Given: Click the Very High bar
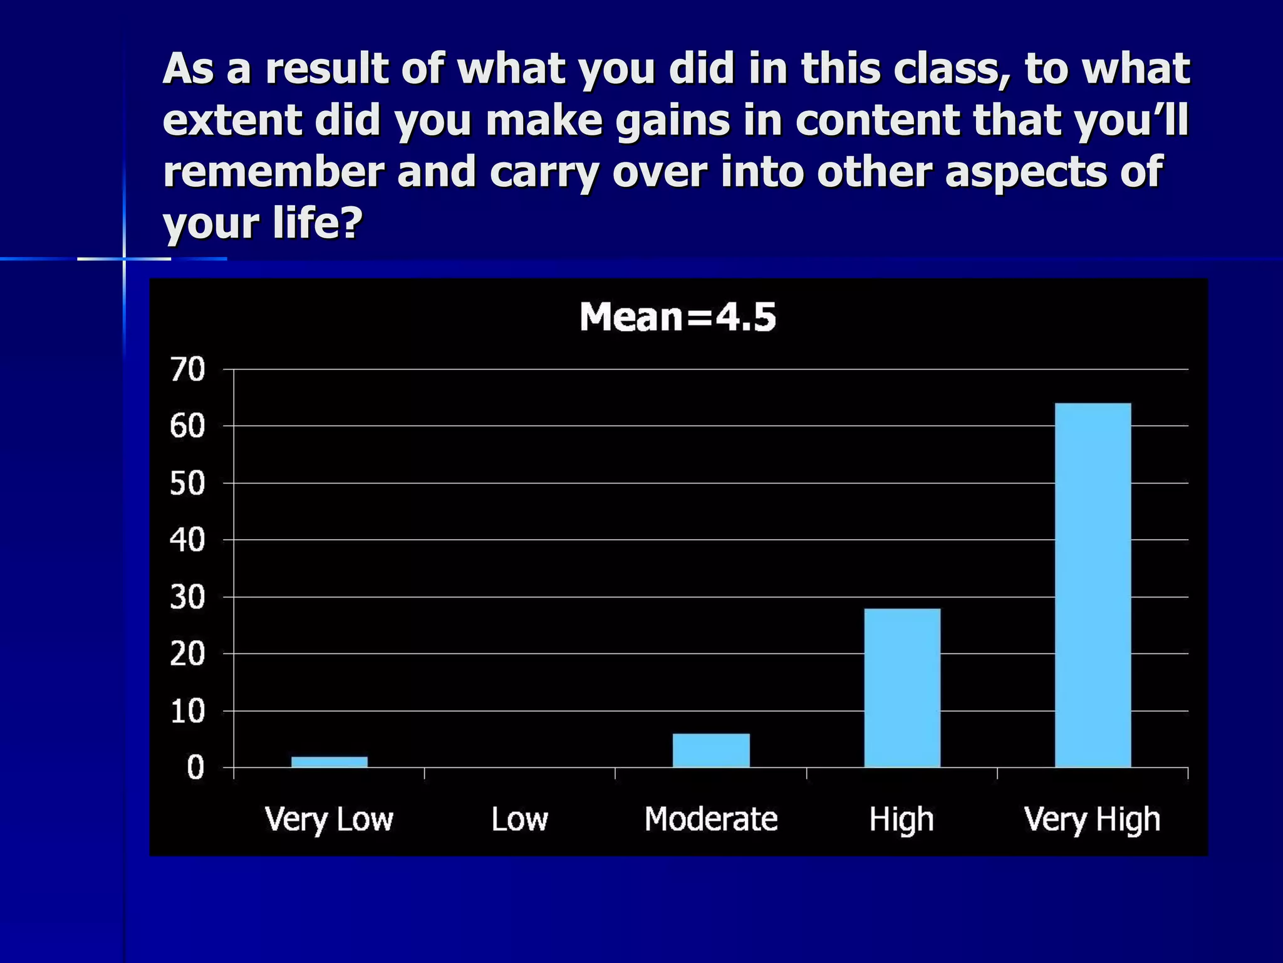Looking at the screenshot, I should (1093, 585).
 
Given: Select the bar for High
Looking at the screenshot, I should (902, 688).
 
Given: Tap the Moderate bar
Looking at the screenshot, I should (711, 750).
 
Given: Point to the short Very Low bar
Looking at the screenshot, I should (330, 762).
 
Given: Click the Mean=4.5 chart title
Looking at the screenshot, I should (678, 317).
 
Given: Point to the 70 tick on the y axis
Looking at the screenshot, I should (187, 370).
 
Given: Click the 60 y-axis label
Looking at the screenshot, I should (187, 427).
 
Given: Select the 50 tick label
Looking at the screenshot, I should (187, 484).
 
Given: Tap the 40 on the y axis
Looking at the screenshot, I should (187, 540).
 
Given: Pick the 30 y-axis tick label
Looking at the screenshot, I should (187, 597).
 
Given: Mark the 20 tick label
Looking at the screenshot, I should (187, 655).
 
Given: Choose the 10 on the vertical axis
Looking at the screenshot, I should (187, 712).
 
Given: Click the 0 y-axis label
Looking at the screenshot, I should (195, 768).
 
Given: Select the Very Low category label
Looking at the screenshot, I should (329, 819).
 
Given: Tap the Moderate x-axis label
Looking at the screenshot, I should (711, 819).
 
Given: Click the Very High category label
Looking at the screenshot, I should (1092, 819).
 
